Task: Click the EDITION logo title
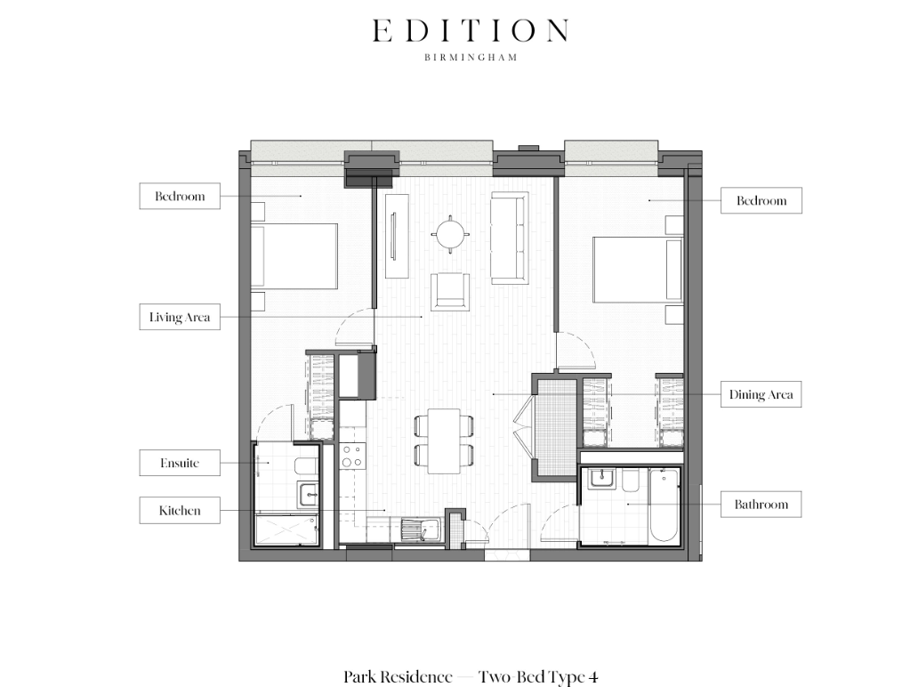click(470, 31)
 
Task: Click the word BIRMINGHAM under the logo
click(470, 57)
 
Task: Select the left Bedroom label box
click(179, 196)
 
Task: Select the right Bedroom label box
click(761, 200)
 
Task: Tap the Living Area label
click(179, 317)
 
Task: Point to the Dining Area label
click(761, 394)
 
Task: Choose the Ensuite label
click(179, 463)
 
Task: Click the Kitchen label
click(179, 511)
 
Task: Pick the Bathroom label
click(761, 505)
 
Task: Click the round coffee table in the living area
click(450, 234)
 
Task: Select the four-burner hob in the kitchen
click(351, 457)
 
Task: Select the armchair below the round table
click(451, 292)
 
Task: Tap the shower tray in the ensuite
click(286, 530)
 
